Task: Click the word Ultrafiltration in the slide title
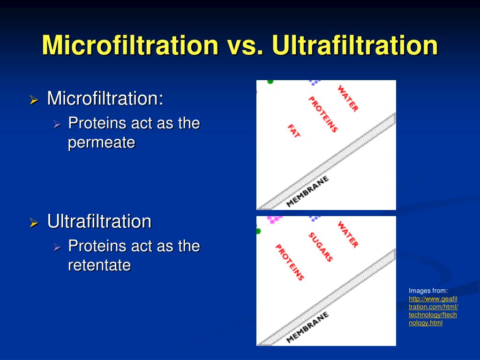pyautogui.click(x=355, y=45)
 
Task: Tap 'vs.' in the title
pyautogui.click(x=246, y=45)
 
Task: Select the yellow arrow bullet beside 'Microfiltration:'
pyautogui.click(x=34, y=100)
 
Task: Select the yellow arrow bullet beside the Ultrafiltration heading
pyautogui.click(x=34, y=223)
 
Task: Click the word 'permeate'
pyautogui.click(x=101, y=142)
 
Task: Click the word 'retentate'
pyautogui.click(x=99, y=265)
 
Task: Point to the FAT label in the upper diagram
pyautogui.click(x=294, y=131)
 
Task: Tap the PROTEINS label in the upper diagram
pyautogui.click(x=322, y=114)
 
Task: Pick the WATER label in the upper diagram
pyautogui.click(x=348, y=98)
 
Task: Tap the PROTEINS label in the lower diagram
pyautogui.click(x=289, y=262)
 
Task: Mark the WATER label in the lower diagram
pyautogui.click(x=348, y=234)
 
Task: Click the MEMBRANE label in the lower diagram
pyautogui.click(x=307, y=327)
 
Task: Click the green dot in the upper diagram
pyautogui.click(x=270, y=82)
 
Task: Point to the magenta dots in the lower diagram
pyautogui.click(x=274, y=218)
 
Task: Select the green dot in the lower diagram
pyautogui.click(x=258, y=231)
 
